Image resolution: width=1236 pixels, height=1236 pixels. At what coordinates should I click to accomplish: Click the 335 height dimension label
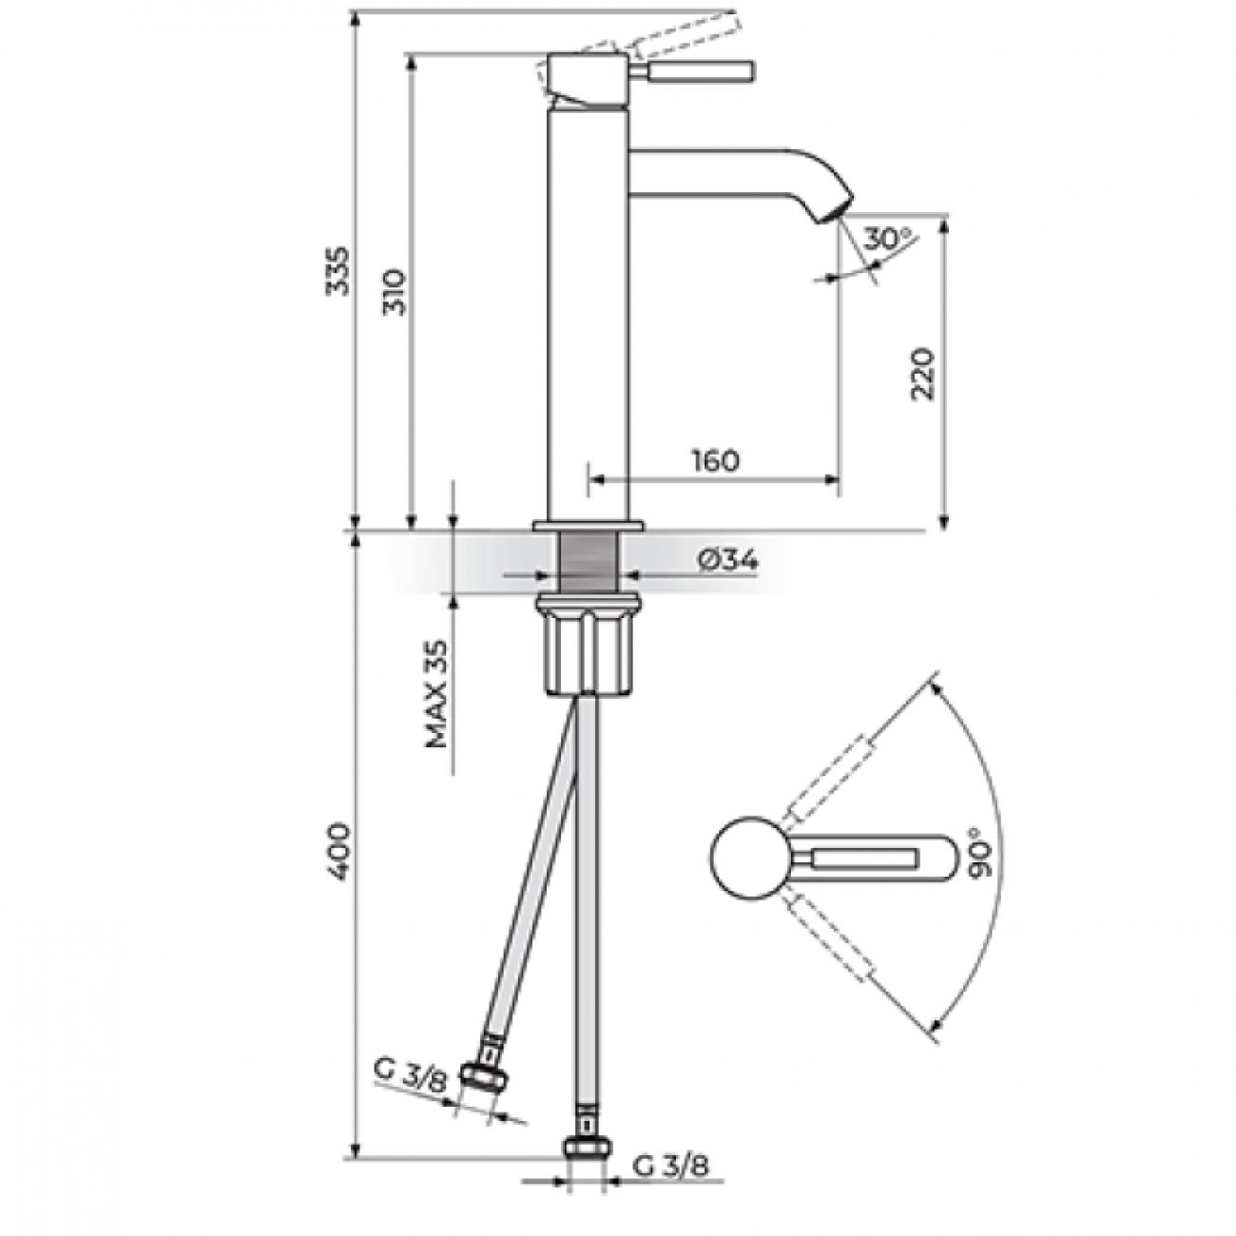(x=338, y=271)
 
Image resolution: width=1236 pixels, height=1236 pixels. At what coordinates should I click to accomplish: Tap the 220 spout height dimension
(x=923, y=375)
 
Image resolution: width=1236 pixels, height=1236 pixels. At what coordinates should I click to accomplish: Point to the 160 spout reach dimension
(x=715, y=460)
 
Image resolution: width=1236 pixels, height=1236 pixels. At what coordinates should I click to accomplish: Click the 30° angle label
(x=887, y=240)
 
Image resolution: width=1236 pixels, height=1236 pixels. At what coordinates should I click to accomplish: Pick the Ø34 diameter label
(x=728, y=562)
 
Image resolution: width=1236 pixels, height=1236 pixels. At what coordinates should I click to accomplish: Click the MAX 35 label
(x=436, y=694)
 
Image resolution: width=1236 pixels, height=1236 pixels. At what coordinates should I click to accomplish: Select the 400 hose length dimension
(x=338, y=852)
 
